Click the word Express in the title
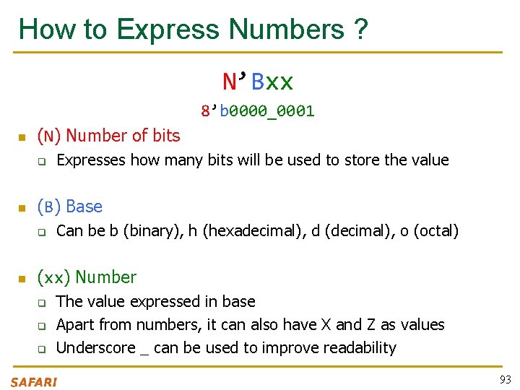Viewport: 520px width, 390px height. (x=168, y=30)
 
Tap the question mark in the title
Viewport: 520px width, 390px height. (x=360, y=30)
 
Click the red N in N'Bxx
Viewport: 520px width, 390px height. (x=230, y=82)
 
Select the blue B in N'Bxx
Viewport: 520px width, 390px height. (x=257, y=82)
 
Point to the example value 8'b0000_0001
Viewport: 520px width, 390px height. (x=258, y=111)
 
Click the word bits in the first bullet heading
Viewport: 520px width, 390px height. (x=166, y=135)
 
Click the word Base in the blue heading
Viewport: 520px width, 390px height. (x=84, y=207)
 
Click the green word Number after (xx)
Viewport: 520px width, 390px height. (x=105, y=277)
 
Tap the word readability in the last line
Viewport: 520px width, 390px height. (x=360, y=348)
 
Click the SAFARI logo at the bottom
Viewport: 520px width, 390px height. (x=33, y=381)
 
